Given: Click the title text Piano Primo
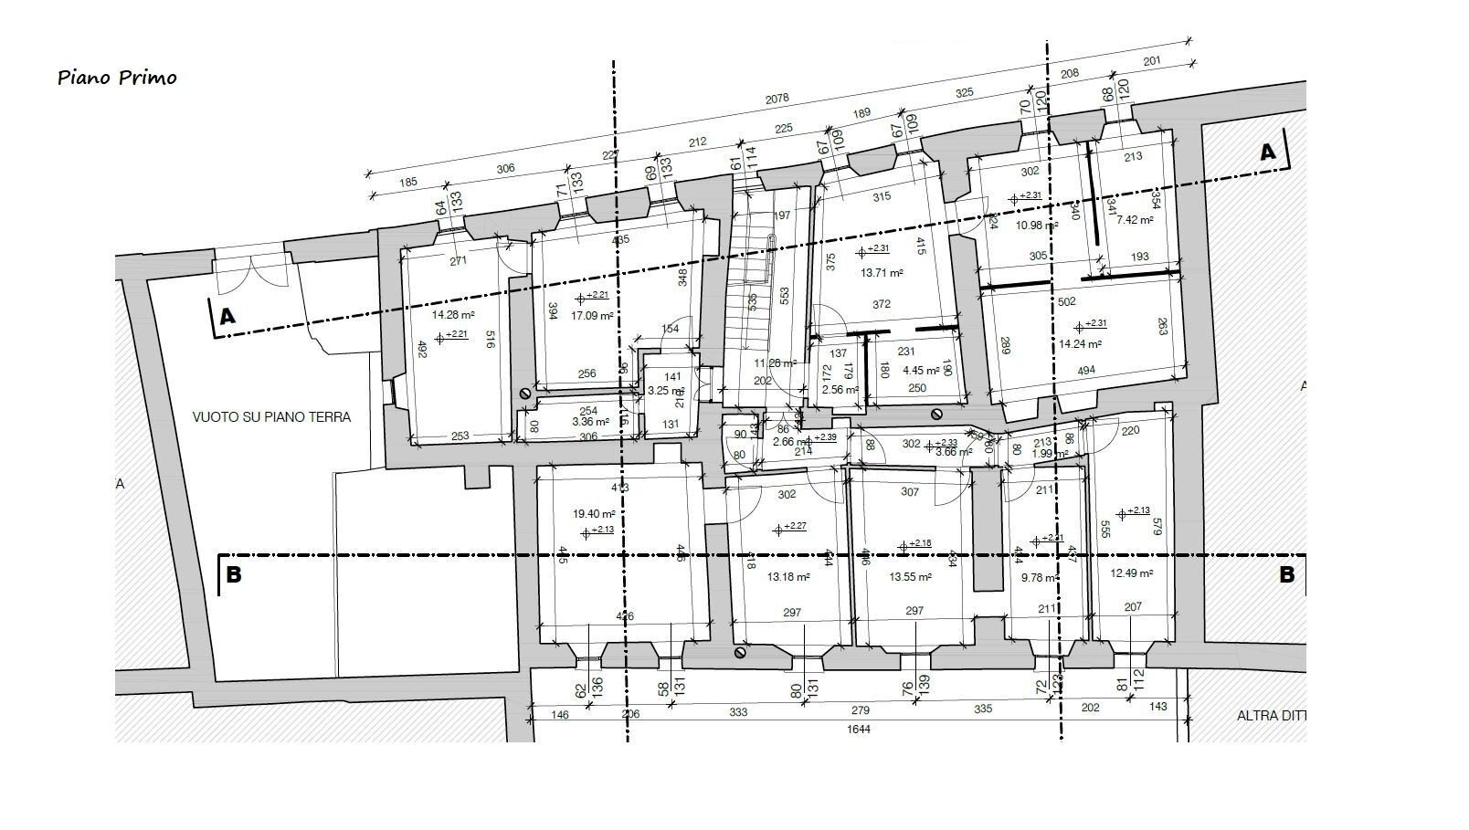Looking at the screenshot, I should [x=117, y=78].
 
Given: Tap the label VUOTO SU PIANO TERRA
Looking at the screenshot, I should [x=271, y=416].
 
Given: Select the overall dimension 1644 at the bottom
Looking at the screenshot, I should [x=859, y=729].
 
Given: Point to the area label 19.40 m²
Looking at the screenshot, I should [x=590, y=514].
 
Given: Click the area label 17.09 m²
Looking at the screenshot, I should [x=591, y=316].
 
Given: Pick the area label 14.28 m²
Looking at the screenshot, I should [x=452, y=314].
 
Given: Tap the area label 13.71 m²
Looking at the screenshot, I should [x=882, y=272].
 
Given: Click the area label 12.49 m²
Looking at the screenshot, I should [x=1131, y=573].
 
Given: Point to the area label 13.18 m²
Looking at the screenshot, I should [x=788, y=577].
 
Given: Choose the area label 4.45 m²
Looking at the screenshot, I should [x=921, y=371].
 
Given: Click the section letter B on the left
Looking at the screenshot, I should [x=234, y=575].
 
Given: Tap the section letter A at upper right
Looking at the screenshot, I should [x=1267, y=152].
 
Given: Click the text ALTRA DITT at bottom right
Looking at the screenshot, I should [x=1271, y=716].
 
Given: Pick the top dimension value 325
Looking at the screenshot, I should [x=965, y=92].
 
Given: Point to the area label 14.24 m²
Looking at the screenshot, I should [x=1080, y=344].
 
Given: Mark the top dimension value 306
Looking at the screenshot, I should [x=505, y=168].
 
